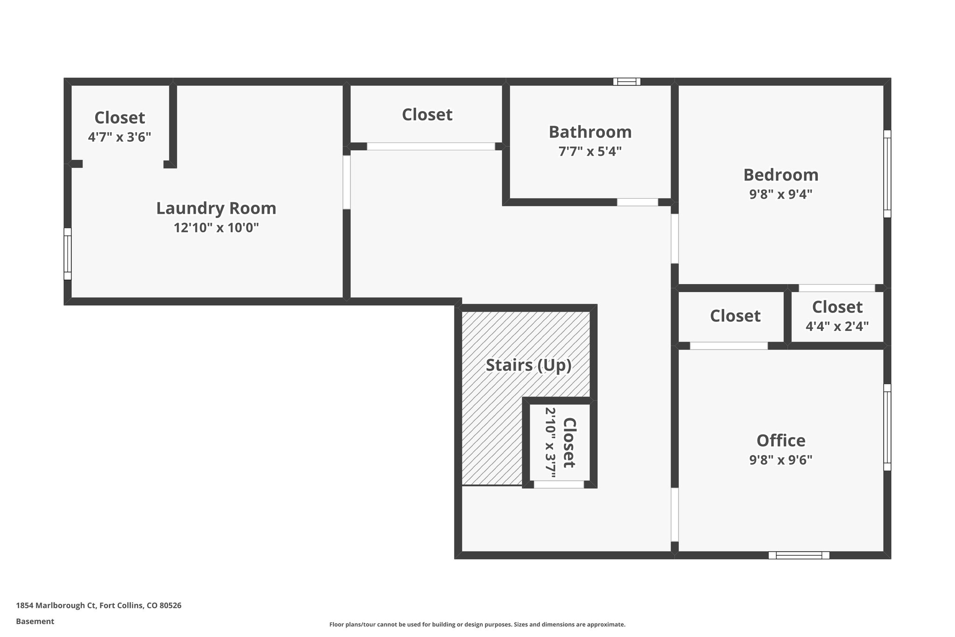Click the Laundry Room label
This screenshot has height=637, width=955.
coord(216,208)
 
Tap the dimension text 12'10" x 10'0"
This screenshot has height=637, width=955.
coord(216,228)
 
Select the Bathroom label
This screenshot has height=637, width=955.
coord(590,132)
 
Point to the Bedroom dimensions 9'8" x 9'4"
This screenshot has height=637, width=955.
coord(781,194)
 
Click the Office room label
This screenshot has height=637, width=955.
coord(781,441)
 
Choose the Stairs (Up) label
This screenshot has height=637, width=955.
coord(528,365)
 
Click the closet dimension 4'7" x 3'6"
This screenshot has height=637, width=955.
coord(119,137)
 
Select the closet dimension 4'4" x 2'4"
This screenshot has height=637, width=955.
coord(837,326)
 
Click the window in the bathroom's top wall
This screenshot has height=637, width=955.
coord(627,82)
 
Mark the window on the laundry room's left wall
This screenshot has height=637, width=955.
coord(68,254)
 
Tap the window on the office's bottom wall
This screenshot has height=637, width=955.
coord(799,555)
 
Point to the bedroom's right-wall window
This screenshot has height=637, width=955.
coord(887,174)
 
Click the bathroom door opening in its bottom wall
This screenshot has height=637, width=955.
coord(637,202)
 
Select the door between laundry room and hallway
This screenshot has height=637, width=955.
coord(346,182)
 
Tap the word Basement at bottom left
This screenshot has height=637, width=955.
coord(35,622)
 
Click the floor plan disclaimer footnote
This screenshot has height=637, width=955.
coord(477,624)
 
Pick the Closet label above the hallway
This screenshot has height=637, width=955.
coord(427,115)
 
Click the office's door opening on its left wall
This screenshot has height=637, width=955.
coord(674,514)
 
